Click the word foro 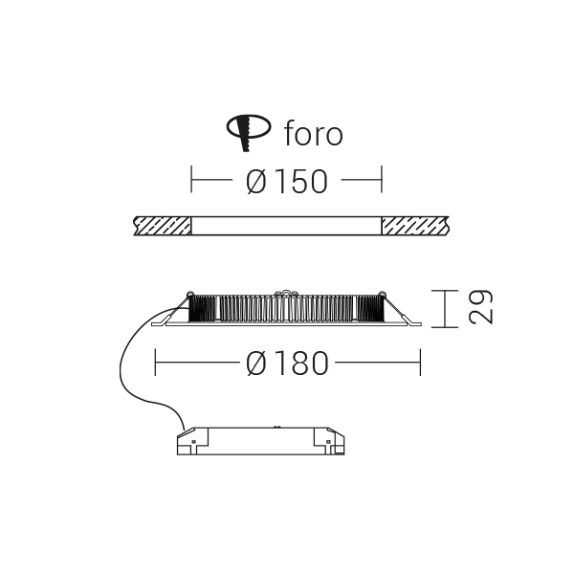tap(314, 133)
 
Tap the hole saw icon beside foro tap(249, 132)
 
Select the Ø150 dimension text tap(287, 181)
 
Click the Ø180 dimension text tap(287, 364)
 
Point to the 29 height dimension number tap(480, 307)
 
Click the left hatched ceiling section tap(163, 226)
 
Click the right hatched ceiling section tap(415, 226)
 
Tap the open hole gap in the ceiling tap(287, 226)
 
